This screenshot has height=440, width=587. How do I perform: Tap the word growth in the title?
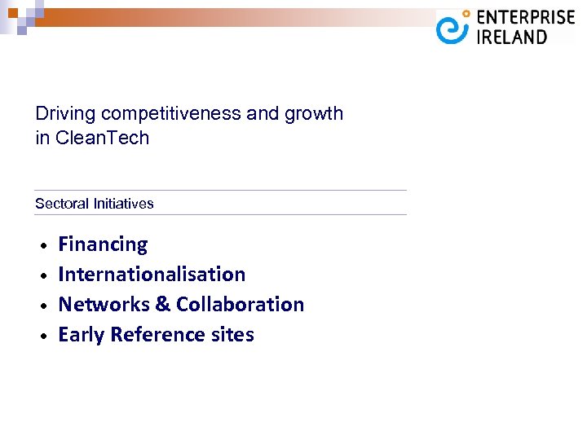313,114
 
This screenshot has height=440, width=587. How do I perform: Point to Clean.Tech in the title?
103,138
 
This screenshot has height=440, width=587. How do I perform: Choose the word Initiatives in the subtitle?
123,204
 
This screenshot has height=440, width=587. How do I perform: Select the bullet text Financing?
103,244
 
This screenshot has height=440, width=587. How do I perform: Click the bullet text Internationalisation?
152,275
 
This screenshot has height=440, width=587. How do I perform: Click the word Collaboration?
240,305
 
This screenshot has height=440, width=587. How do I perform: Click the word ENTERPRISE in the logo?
525,18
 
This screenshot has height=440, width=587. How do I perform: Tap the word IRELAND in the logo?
511,37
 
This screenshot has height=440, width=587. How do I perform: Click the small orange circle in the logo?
466,14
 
